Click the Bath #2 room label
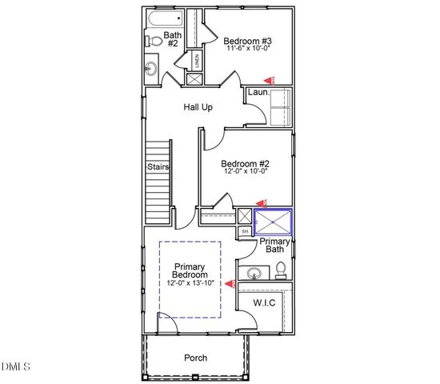pyautogui.click(x=173, y=40)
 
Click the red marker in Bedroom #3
pyautogui.click(x=270, y=79)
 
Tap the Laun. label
pyautogui.click(x=258, y=93)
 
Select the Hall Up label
pyautogui.click(x=198, y=107)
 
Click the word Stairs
pyautogui.click(x=158, y=167)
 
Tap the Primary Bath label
pyautogui.click(x=274, y=246)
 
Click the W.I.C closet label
pyautogui.click(x=265, y=303)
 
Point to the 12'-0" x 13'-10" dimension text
pyautogui.click(x=190, y=283)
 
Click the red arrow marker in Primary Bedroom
pyautogui.click(x=230, y=282)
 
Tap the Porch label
pyautogui.click(x=196, y=358)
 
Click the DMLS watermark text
pyautogui.click(x=16, y=367)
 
